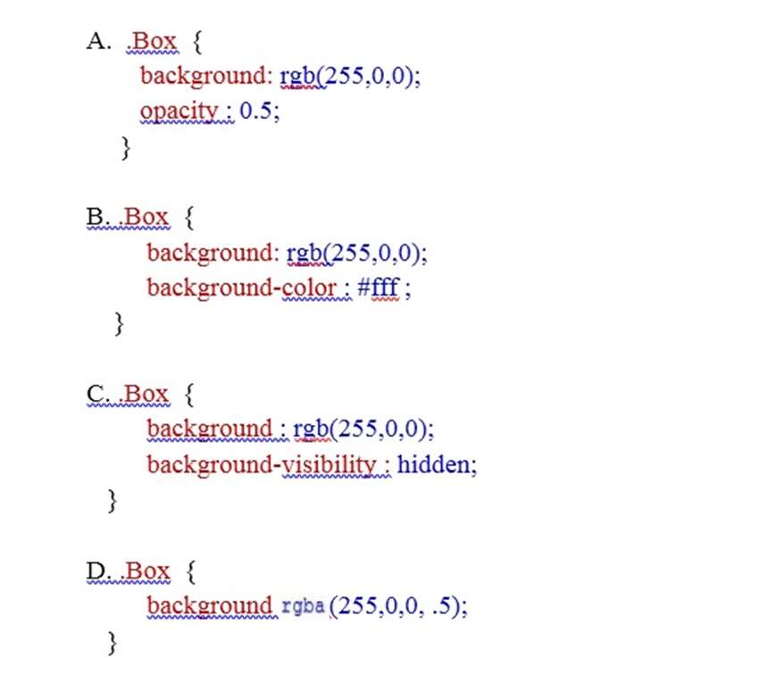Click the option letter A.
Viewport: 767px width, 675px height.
(x=98, y=41)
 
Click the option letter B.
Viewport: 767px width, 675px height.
(x=96, y=217)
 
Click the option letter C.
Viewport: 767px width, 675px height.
(x=96, y=394)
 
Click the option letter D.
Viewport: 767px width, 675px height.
(x=97, y=571)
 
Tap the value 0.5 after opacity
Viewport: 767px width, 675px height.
(x=254, y=111)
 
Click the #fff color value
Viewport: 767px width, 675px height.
(x=379, y=287)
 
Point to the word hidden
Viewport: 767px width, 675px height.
(x=433, y=464)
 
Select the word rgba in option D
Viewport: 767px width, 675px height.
(x=303, y=607)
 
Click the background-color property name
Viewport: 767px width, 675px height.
(x=242, y=287)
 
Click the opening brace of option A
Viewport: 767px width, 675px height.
(x=197, y=42)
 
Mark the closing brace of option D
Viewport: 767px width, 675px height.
(x=113, y=643)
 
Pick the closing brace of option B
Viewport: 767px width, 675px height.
(x=119, y=324)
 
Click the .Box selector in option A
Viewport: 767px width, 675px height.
(x=152, y=41)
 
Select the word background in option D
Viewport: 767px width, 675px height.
(x=209, y=606)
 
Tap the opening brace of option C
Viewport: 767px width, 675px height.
(x=190, y=395)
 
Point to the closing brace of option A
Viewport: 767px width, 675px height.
(x=126, y=147)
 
